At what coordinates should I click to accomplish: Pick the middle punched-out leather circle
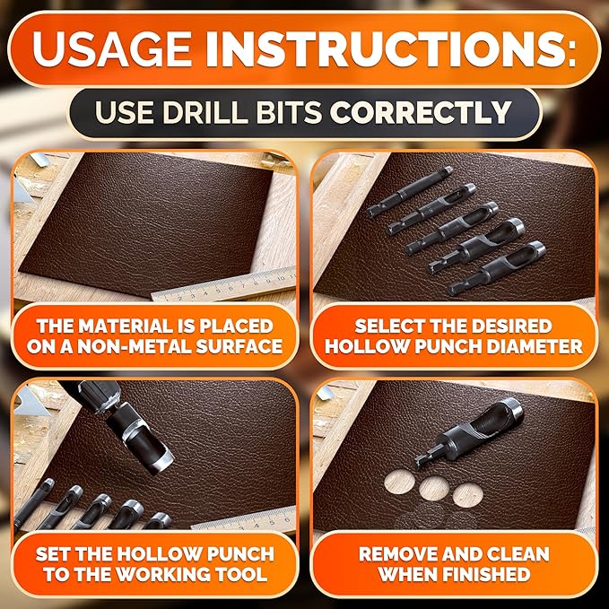(x=434, y=489)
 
